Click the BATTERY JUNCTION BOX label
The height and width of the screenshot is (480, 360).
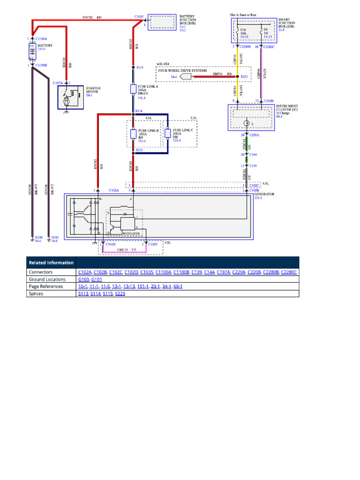click(188, 19)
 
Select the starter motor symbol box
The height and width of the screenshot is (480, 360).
click(70, 97)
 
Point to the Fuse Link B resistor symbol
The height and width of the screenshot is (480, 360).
click(133, 134)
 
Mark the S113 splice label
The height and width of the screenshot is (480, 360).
click(140, 68)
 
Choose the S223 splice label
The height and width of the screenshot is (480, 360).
click(244, 76)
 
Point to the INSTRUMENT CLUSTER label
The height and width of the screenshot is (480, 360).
click(287, 109)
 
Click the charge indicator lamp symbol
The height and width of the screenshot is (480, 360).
click(246, 124)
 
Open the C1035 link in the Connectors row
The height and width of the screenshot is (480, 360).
click(147, 272)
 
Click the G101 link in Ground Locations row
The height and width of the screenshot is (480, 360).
click(97, 279)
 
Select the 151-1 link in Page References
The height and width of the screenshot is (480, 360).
click(142, 286)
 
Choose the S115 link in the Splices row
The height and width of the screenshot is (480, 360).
click(107, 293)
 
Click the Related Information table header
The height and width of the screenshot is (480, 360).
click(51, 262)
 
